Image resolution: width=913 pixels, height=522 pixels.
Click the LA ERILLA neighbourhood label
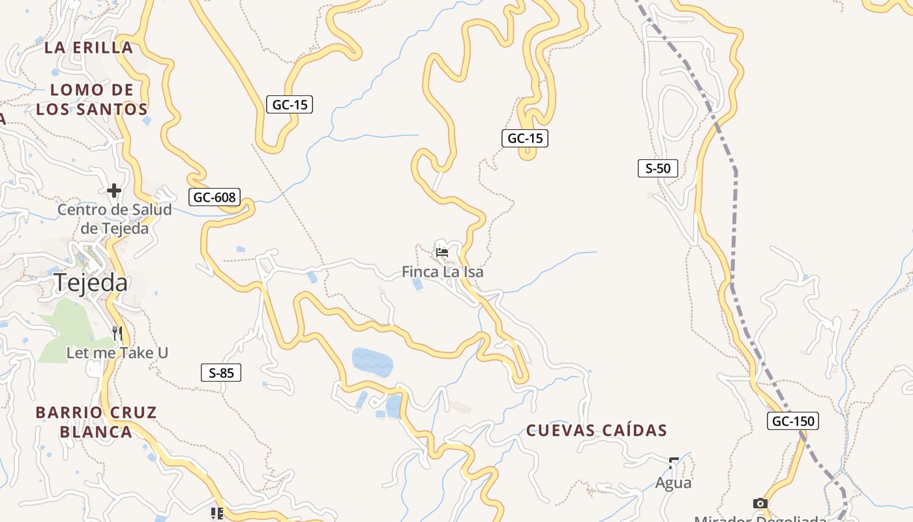coord(89,48)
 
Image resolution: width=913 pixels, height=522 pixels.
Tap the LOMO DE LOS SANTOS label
coord(92,99)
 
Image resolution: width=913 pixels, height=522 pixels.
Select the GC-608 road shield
coord(215,197)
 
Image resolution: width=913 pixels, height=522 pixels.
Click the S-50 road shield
coord(657,168)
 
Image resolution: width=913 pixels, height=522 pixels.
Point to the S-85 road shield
coord(221,373)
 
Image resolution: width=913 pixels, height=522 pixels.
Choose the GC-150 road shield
coord(792,421)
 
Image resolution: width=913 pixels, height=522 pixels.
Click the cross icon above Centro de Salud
coord(114,191)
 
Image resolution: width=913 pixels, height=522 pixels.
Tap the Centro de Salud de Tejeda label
coord(115,219)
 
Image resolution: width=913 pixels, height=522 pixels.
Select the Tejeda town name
coord(91,283)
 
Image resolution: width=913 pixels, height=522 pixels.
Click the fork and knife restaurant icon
coord(117,333)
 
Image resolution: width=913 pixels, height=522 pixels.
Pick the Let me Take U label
coord(117,353)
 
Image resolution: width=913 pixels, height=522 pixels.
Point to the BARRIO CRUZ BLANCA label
coord(96,422)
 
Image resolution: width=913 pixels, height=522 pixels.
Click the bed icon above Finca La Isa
coord(442,252)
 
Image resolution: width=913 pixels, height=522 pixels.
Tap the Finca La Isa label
coord(443,271)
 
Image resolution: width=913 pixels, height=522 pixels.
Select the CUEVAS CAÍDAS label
coord(597,431)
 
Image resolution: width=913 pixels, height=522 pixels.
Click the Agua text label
coord(673,483)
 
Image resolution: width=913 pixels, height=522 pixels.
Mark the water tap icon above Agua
coord(674,463)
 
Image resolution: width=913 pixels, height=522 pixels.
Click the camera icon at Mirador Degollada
coord(760,503)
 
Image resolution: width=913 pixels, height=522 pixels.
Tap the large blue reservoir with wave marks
coord(372,362)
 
